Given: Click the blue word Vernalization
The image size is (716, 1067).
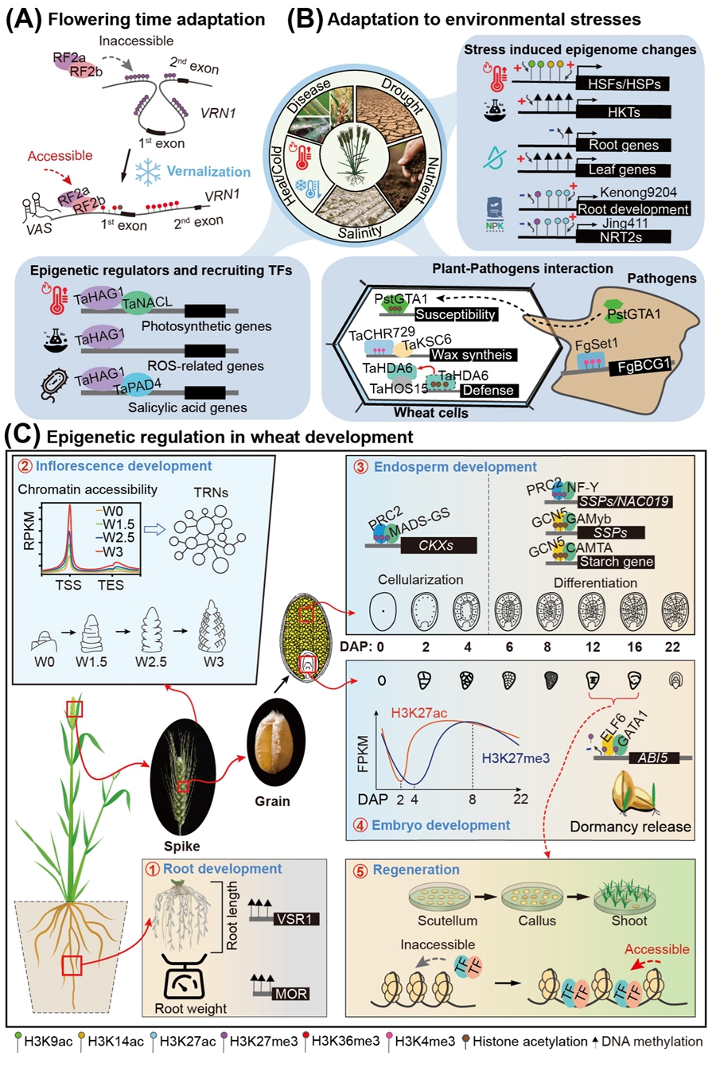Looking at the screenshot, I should click(x=208, y=171).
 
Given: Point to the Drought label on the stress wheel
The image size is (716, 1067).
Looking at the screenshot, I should click(x=402, y=95).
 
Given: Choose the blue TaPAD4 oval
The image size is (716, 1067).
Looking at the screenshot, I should click(x=130, y=388).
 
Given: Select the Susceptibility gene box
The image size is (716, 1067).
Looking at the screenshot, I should click(x=455, y=314).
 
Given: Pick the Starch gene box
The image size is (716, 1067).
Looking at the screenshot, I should click(x=616, y=562).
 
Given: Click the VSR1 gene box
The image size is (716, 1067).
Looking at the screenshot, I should click(x=295, y=919).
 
